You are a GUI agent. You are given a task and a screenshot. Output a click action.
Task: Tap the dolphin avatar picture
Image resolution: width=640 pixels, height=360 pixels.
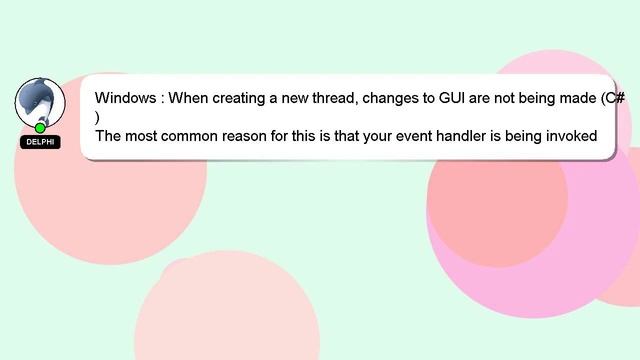(40, 102)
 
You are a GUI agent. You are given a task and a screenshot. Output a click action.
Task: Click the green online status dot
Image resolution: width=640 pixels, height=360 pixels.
(40, 128)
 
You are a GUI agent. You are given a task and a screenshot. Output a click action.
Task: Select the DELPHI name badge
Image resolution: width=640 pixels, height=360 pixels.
(40, 142)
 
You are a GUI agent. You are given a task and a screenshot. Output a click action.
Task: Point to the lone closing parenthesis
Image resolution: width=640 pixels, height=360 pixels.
(98, 117)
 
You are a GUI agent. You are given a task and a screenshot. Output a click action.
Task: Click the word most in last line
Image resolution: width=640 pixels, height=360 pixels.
(143, 136)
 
